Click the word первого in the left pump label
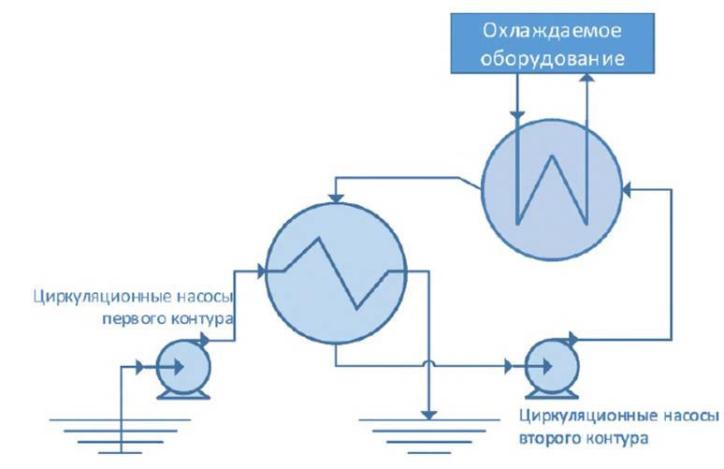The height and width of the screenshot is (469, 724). click(130, 320)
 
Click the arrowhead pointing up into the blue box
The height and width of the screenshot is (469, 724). click(586, 81)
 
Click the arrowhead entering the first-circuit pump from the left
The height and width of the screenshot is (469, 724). click(141, 366)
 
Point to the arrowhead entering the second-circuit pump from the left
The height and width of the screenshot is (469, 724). click(513, 364)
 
